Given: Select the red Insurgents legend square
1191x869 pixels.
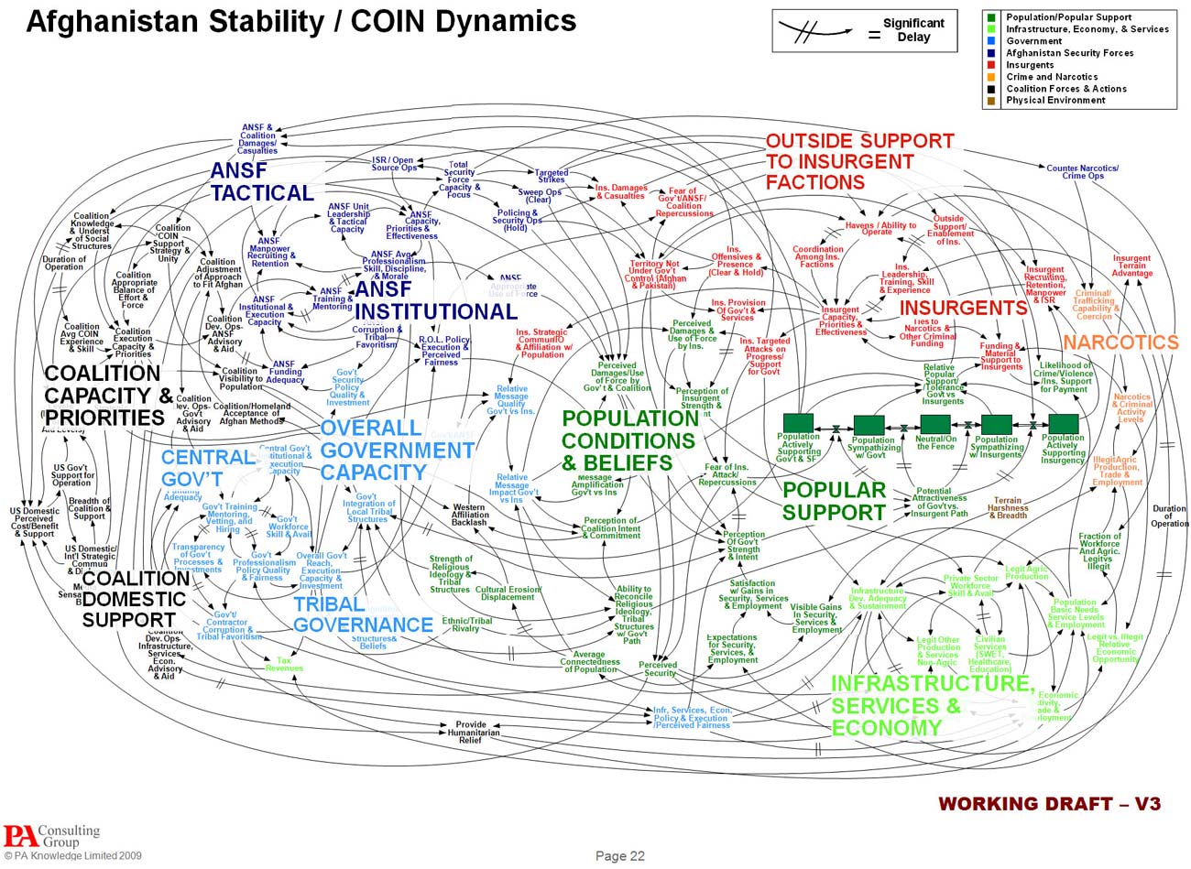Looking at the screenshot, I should tap(990, 65).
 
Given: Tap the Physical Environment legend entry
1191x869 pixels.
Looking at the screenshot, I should tap(1055, 101).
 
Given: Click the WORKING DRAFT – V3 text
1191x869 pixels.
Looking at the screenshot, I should tap(1049, 804).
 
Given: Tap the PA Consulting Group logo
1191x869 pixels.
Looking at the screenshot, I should tap(50, 836).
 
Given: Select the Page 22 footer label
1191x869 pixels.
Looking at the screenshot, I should tap(620, 855).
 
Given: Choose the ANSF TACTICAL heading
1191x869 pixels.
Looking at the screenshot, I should tap(261, 181).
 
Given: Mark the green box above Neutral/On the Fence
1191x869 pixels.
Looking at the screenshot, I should tap(935, 424).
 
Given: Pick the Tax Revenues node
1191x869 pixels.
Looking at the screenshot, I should tap(284, 664).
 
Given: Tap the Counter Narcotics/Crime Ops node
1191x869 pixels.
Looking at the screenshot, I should tap(1082, 171).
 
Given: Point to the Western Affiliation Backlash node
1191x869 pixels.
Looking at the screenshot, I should tap(469, 515).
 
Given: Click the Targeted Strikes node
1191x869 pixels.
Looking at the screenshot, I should tap(552, 176).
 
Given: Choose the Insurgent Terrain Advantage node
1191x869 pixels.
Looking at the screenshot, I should tap(1131, 266).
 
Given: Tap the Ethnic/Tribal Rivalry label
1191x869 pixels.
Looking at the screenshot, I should tap(466, 625).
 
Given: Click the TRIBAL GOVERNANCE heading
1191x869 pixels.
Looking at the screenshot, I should tap(362, 614).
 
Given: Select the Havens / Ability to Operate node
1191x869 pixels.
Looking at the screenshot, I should tap(880, 228).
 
